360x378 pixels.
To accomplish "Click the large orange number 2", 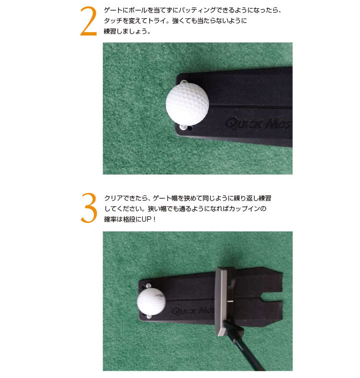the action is pyautogui.click(x=88, y=21).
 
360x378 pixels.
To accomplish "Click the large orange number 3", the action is pyautogui.click(x=89, y=208).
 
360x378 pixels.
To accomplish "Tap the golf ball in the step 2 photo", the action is pyautogui.click(x=188, y=103).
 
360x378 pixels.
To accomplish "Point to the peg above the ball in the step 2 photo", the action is pyautogui.click(x=184, y=82).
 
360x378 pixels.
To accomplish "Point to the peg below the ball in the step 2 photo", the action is pyautogui.click(x=183, y=127).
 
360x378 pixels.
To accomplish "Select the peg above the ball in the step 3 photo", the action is pyautogui.click(x=149, y=286).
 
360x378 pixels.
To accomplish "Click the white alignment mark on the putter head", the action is pyautogui.click(x=229, y=301).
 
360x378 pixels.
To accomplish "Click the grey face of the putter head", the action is pyautogui.click(x=220, y=302).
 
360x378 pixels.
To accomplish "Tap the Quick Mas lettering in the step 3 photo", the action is pyautogui.click(x=193, y=310).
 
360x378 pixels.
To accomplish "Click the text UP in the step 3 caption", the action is pyautogui.click(x=146, y=219).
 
